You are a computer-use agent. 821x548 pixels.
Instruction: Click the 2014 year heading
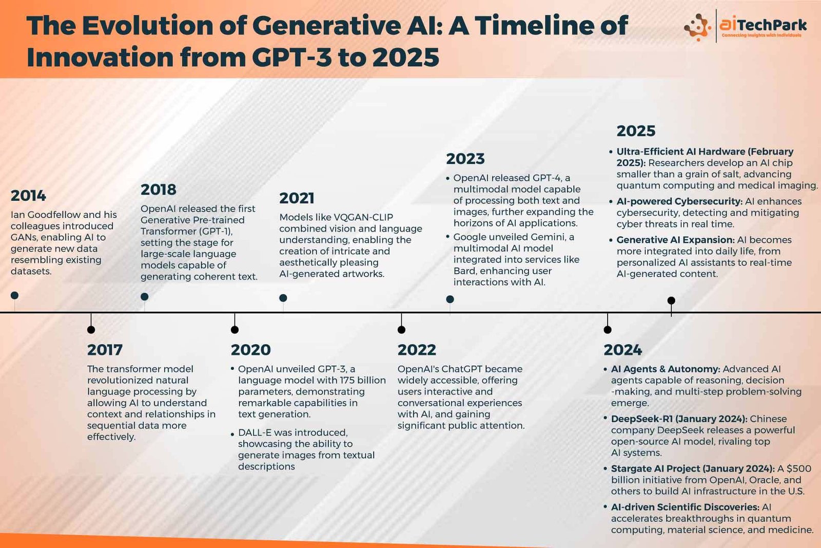click(x=28, y=196)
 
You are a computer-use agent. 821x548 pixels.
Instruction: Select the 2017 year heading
click(x=105, y=350)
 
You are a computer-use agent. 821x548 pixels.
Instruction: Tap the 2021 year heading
click(x=297, y=198)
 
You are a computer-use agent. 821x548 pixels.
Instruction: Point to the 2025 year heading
click(x=636, y=131)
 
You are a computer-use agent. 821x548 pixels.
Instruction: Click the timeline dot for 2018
click(x=144, y=296)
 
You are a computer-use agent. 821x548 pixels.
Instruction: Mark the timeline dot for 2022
click(x=401, y=330)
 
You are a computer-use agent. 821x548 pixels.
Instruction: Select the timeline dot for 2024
click(x=608, y=330)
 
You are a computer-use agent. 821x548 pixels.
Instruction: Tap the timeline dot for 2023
click(x=450, y=299)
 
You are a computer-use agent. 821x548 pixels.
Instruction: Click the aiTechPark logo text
click(x=763, y=25)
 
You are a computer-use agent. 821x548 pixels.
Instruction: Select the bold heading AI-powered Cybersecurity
click(x=679, y=201)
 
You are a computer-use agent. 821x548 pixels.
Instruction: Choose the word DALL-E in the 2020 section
click(x=255, y=432)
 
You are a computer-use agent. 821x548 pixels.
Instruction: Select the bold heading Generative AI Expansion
click(x=675, y=240)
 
